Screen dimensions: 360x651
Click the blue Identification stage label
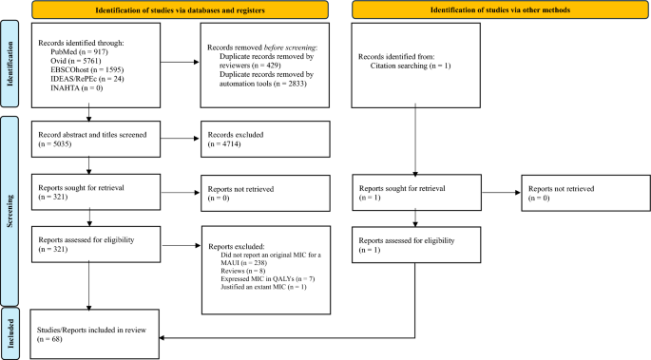pos(9,67)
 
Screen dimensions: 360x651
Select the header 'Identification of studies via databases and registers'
pos(181,9)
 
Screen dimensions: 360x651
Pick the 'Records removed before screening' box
pos(264,67)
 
